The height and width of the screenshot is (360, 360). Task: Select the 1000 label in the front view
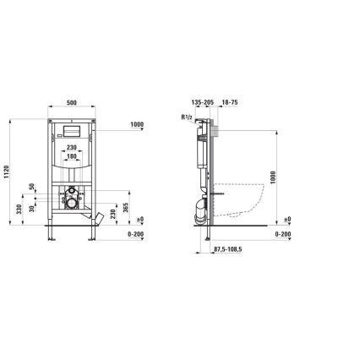[x=137, y=123]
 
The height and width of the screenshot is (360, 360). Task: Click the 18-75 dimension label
[x=229, y=102]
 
